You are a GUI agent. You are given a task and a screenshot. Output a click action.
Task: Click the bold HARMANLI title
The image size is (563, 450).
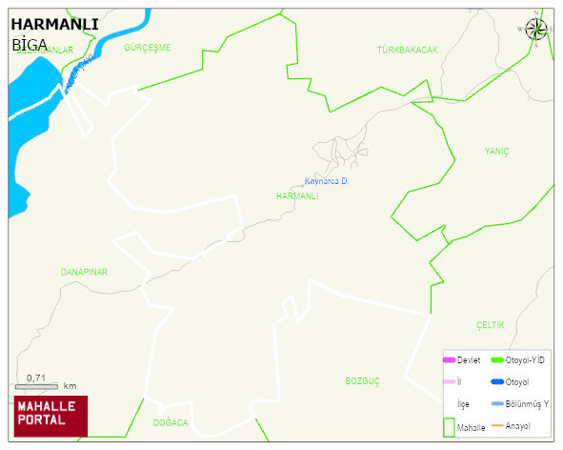point(54,24)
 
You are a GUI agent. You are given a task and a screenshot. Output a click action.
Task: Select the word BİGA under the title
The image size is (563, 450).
point(30,44)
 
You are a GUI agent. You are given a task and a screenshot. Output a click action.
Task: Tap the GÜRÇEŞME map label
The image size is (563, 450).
point(147,47)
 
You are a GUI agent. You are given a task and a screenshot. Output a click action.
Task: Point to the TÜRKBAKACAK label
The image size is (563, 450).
point(407,50)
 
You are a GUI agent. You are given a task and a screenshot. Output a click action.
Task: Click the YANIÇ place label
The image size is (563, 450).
point(496,152)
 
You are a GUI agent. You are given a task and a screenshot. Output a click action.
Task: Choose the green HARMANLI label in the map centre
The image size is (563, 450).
point(296,195)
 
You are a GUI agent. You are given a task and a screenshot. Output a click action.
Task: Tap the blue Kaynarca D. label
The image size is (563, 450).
point(326,181)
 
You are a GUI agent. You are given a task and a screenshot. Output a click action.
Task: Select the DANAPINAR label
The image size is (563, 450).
point(84,272)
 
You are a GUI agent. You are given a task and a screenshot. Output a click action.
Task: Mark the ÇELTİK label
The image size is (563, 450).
point(490,325)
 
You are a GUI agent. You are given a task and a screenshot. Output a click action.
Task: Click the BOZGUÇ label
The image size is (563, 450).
point(362,380)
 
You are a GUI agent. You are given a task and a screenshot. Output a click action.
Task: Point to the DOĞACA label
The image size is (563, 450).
point(171,422)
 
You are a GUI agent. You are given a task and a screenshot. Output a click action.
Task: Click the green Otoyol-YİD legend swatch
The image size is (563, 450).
point(496,360)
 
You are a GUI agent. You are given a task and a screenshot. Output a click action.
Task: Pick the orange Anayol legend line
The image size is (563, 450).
point(496,425)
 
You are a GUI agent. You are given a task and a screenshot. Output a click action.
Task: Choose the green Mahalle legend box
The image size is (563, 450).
point(448,426)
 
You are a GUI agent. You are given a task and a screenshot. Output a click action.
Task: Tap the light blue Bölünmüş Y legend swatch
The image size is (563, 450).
point(496,404)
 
